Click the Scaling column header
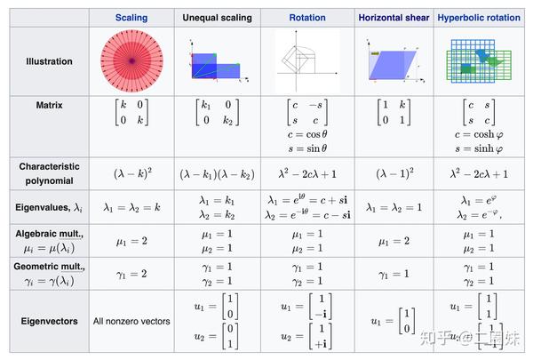[x=131, y=18]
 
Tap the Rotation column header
[x=306, y=18]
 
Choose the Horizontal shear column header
[x=393, y=18]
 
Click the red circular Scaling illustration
[x=131, y=60]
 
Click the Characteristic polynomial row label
[x=49, y=172]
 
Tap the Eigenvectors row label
[x=49, y=321]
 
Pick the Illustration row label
[x=49, y=60]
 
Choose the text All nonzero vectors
[x=131, y=322]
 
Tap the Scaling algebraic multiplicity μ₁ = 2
[x=131, y=240]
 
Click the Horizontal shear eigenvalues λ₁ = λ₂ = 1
[x=393, y=207]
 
